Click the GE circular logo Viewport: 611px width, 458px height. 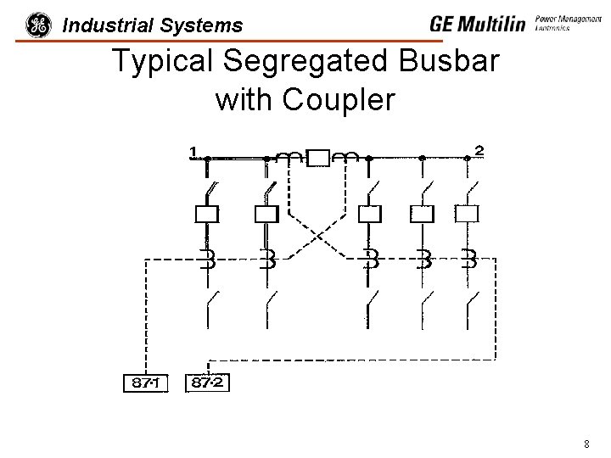tap(38, 25)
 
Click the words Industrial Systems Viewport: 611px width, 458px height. tap(153, 25)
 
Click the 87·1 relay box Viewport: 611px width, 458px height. tap(146, 383)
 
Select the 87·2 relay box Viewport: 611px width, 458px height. tap(208, 383)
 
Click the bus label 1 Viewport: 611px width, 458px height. tap(193, 152)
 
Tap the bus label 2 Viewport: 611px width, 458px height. tap(479, 151)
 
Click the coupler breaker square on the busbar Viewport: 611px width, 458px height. tap(317, 157)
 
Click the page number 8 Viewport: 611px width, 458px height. tap(586, 444)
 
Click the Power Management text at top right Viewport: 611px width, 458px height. tap(568, 18)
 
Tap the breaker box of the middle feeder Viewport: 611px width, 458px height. tap(370, 213)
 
